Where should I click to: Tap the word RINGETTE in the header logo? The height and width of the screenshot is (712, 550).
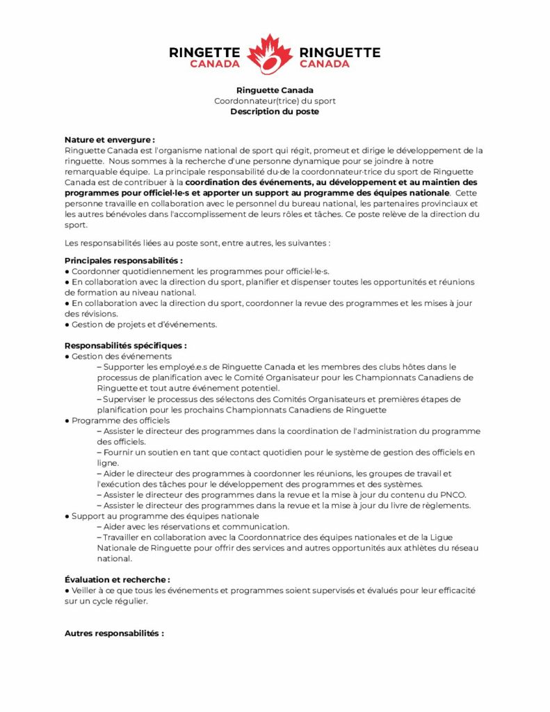205,52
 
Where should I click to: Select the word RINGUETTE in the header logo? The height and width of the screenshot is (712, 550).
340,52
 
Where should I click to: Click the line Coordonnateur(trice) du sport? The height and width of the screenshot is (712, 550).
275,101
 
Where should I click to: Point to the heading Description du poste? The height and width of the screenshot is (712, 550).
275,111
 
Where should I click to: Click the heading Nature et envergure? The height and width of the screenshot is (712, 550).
109,140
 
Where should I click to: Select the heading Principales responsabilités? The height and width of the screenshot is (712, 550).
124,260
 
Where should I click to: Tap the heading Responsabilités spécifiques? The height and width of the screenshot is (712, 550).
125,346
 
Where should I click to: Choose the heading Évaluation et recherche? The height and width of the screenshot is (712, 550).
117,579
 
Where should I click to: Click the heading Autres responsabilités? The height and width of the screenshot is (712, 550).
114,633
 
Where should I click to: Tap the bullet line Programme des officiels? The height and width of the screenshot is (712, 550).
120,421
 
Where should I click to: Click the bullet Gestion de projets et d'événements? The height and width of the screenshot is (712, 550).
144,324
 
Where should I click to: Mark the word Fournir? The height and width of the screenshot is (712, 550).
120,453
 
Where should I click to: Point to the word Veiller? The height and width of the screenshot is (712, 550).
87,590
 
